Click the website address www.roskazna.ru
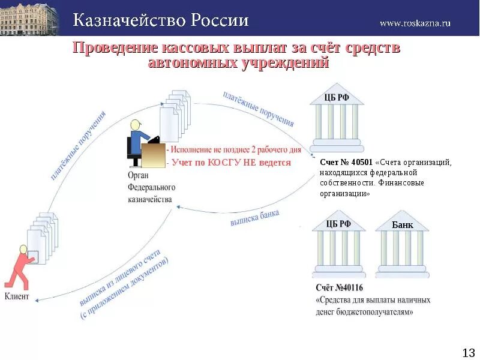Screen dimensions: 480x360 [415, 23]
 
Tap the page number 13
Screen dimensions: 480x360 [468, 352]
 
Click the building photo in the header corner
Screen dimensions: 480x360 [29, 18]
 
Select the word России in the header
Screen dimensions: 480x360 [220, 21]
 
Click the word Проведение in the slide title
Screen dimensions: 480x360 [114, 48]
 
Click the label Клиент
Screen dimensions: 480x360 [17, 296]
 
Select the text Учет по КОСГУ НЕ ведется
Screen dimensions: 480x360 [231, 163]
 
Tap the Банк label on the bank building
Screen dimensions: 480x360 [402, 225]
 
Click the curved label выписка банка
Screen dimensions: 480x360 [254, 218]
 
